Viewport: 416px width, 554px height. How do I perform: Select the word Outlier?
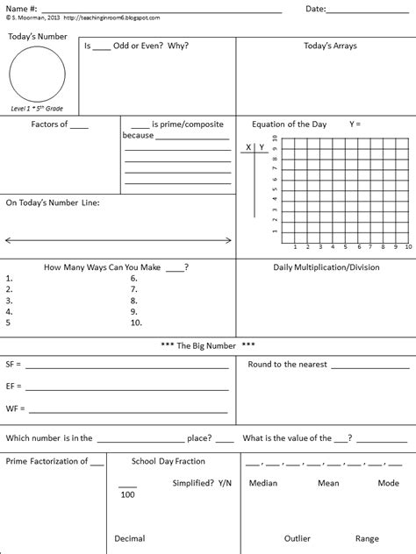[298, 538]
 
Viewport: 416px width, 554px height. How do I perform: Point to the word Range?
[367, 538]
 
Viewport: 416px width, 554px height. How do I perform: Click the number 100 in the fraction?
[128, 495]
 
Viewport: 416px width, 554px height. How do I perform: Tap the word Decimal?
[130, 538]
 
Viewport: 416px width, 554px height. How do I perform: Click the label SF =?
[14, 362]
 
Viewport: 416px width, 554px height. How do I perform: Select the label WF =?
[15, 408]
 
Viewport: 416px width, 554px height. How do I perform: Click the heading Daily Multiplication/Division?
[326, 266]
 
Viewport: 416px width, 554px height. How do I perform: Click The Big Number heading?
[208, 345]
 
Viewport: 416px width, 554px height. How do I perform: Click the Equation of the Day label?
[289, 124]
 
